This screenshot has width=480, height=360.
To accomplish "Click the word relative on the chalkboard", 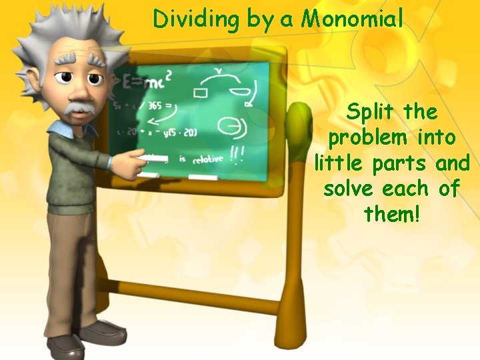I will click(208, 159).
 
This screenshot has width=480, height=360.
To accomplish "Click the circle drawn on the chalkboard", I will click(231, 125).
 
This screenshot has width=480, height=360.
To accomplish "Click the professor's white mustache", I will click(79, 107).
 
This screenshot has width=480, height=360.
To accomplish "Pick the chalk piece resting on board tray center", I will click(203, 178).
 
